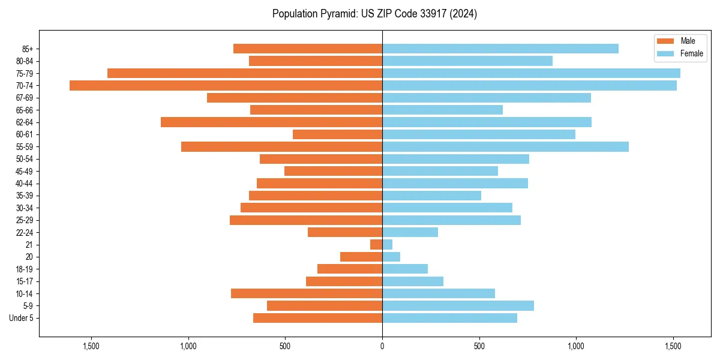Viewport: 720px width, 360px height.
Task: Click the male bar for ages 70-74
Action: [x=226, y=86]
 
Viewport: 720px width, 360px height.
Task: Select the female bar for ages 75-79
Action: [x=531, y=73]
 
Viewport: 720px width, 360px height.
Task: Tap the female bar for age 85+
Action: [x=500, y=49]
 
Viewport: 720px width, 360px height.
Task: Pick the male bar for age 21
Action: [x=376, y=245]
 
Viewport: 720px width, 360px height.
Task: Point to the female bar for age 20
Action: [x=391, y=257]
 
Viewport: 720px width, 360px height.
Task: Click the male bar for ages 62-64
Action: [x=271, y=122]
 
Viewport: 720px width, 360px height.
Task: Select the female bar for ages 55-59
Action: [x=505, y=147]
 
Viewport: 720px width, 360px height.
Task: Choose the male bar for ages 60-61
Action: [x=337, y=134]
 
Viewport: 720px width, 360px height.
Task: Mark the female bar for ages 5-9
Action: [x=458, y=306]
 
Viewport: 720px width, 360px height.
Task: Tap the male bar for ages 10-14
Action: [x=307, y=293]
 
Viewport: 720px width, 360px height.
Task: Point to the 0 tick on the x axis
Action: [x=382, y=346]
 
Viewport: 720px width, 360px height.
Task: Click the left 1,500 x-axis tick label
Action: [x=91, y=346]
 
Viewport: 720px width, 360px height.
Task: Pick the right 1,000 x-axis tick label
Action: [x=576, y=346]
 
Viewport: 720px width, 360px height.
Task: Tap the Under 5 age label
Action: [x=21, y=318]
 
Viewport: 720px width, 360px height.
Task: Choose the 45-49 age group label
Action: [x=25, y=172]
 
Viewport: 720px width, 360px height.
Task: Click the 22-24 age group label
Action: [x=25, y=233]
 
